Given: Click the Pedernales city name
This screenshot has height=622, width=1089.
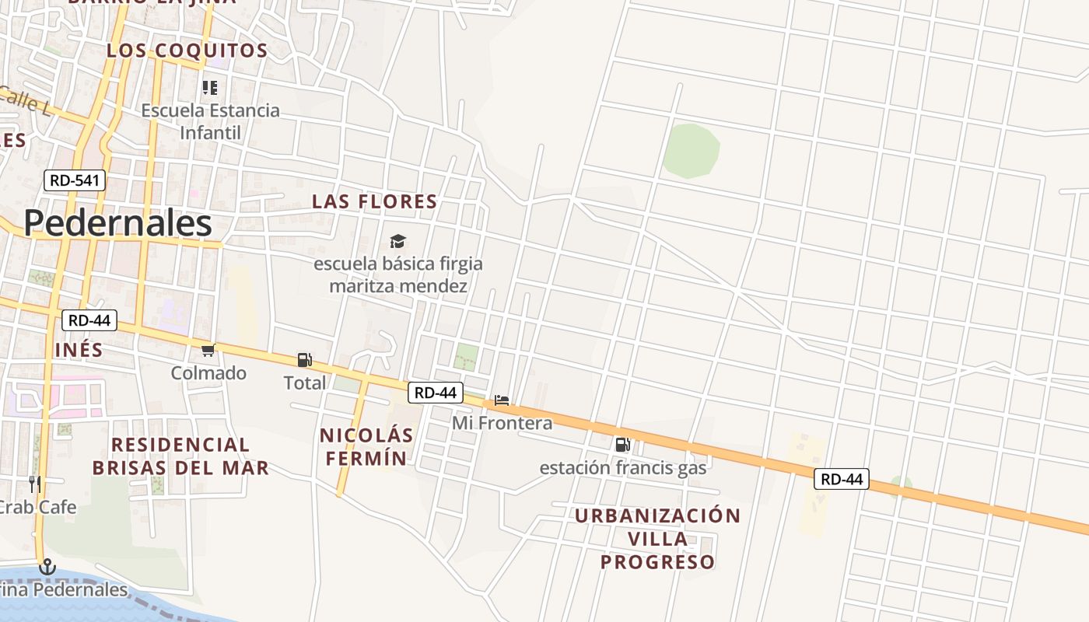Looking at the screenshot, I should click(117, 224).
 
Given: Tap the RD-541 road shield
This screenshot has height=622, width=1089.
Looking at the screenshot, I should click(74, 180).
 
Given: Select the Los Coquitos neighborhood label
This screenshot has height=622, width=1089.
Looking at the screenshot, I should click(187, 51).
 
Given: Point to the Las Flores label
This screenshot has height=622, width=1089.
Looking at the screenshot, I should click(374, 201).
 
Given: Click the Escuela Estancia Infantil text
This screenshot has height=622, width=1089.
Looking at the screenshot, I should click(210, 121).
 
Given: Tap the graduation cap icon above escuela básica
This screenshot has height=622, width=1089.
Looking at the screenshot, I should click(397, 241).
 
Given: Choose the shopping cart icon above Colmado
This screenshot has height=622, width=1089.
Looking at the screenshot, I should click(208, 351).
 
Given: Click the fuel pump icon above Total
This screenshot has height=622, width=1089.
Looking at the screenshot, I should click(304, 360).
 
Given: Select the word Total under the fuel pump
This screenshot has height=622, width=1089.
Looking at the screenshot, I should click(304, 383).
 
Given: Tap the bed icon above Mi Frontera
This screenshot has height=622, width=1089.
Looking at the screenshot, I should click(502, 401).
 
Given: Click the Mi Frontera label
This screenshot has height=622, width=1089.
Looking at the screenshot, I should click(502, 423).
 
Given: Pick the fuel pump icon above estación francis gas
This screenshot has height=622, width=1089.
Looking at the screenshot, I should click(622, 445).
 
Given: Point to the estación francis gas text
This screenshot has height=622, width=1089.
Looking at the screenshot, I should click(623, 467).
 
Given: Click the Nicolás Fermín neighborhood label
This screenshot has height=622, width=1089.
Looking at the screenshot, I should click(366, 446).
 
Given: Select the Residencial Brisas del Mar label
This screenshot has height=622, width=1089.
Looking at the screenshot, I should click(180, 456).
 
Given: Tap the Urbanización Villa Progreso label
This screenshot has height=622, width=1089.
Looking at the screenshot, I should click(657, 538).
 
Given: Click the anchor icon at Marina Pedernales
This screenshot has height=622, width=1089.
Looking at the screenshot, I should click(48, 567).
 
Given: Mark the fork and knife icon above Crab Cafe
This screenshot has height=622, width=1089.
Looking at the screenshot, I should click(34, 484).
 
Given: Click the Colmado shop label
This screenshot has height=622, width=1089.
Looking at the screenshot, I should click(208, 373).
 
